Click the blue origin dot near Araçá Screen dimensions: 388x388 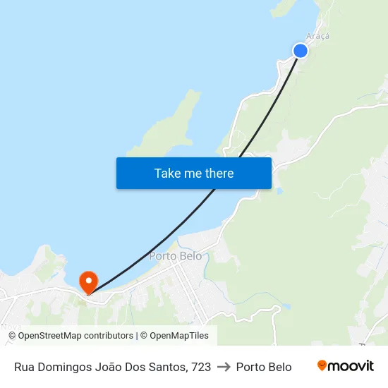(300, 50)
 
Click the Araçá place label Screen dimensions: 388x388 (317, 36)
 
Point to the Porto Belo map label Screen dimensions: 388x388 (175, 256)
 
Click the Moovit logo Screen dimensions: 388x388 (345, 366)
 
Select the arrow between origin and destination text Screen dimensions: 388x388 (223, 367)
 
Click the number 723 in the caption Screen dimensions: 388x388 (200, 367)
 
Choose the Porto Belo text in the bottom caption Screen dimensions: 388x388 (264, 367)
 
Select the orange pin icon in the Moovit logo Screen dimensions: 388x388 (322, 365)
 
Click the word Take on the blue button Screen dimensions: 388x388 (168, 174)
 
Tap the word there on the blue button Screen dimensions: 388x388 (218, 174)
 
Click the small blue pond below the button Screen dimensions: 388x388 (280, 191)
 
